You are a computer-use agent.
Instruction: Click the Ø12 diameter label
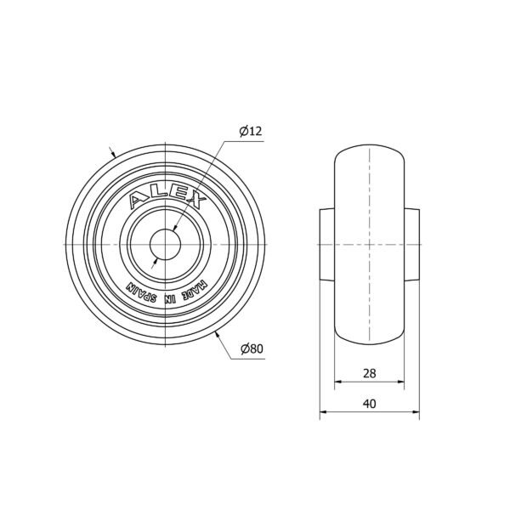coord(251,131)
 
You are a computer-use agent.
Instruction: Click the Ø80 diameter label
coord(252,348)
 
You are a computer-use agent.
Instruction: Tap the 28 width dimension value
coord(370,373)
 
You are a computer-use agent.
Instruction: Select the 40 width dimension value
coord(370,404)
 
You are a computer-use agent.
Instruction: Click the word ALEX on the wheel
coord(167,197)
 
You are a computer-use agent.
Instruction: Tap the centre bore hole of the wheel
coord(165,244)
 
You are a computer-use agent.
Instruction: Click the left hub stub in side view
coord(327,244)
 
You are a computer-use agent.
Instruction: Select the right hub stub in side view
coord(411,244)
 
